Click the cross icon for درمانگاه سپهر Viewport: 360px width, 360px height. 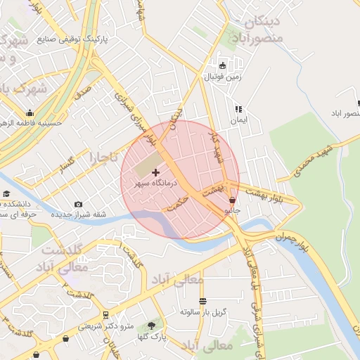pyautogui.click(x=155, y=172)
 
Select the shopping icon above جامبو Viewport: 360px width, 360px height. pyautogui.click(x=232, y=200)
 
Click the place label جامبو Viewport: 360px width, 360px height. pyautogui.click(x=232, y=210)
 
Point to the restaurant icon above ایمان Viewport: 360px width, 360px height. pyautogui.click(x=238, y=109)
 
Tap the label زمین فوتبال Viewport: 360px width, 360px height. pyautogui.click(x=223, y=76)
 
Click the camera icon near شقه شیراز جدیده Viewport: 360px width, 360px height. pyautogui.click(x=78, y=204)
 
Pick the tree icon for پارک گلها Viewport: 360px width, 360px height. pyautogui.click(x=151, y=326)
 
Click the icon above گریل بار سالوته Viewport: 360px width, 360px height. pyautogui.click(x=202, y=301)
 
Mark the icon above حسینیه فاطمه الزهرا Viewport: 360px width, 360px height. pyautogui.click(x=30, y=113)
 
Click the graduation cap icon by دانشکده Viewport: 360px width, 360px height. pyautogui.click(x=6, y=194)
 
